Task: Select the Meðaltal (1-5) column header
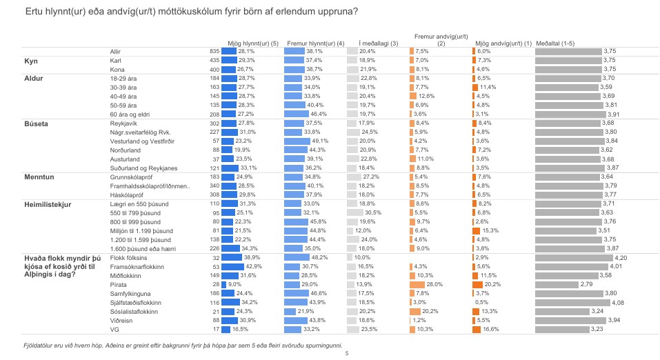(554, 43)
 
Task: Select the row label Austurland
(126, 158)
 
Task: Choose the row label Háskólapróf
(128, 194)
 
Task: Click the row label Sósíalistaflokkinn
(134, 311)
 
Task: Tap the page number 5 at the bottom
(346, 354)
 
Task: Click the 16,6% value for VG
(491, 329)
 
